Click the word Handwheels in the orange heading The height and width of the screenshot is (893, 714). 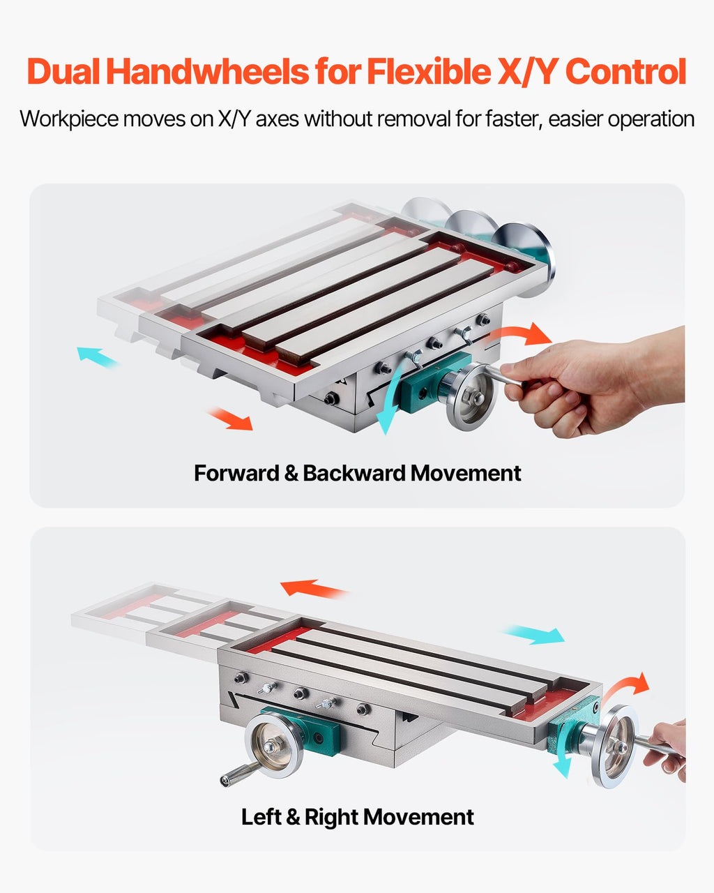(x=208, y=71)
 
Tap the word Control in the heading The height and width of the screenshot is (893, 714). (x=625, y=71)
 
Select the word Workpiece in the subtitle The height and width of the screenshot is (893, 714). (x=69, y=119)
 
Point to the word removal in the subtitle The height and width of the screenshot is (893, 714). (x=413, y=119)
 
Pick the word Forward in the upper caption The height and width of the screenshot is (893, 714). (x=236, y=473)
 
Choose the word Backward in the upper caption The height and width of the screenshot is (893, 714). (x=354, y=473)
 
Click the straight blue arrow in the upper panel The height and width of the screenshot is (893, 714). (x=97, y=357)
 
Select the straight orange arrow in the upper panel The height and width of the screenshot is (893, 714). (x=231, y=419)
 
